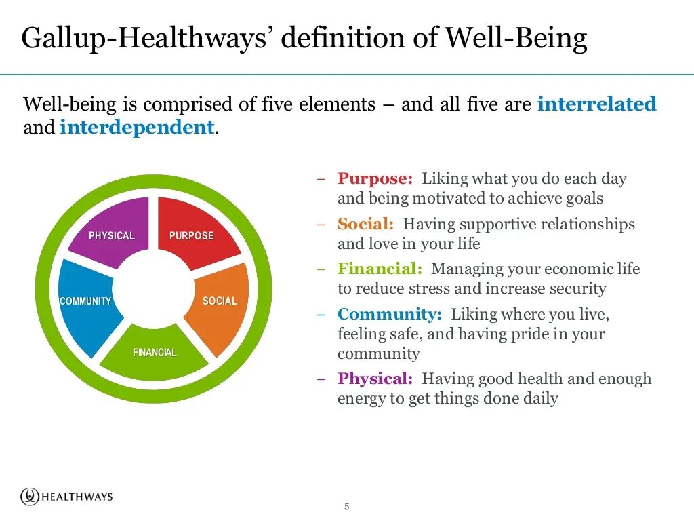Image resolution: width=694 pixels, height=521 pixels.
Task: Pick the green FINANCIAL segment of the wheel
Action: point(155,353)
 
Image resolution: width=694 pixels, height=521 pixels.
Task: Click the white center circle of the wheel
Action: point(154,288)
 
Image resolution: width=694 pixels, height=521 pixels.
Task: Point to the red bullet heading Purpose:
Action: point(375,179)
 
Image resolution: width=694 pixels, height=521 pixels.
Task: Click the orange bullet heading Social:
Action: point(365,224)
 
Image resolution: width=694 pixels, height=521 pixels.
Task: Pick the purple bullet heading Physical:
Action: point(375,379)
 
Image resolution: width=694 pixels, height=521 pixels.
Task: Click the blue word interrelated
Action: point(596,104)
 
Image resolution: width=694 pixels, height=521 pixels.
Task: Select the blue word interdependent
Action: point(137,127)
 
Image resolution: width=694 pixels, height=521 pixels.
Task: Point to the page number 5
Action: point(347,507)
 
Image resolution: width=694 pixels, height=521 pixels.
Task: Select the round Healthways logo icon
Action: point(29,497)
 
